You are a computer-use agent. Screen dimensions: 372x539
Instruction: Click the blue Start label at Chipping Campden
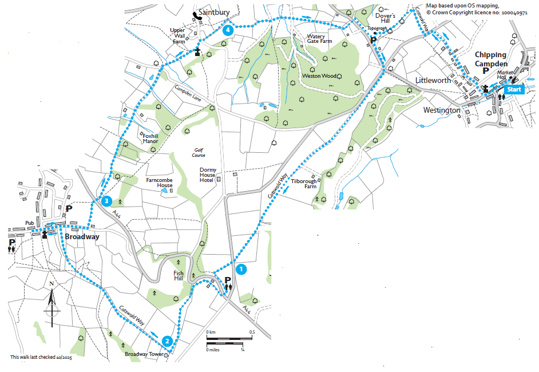(514, 89)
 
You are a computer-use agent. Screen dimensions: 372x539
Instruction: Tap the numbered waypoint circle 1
(241, 268)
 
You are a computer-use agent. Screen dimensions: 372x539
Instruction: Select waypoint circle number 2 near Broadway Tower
(167, 342)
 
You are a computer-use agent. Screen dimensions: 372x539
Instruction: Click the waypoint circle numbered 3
(106, 201)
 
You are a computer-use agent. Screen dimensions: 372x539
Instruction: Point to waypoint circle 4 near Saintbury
(228, 30)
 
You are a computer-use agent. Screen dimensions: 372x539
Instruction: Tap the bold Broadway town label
(82, 237)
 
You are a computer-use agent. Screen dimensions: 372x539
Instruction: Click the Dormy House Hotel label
(207, 175)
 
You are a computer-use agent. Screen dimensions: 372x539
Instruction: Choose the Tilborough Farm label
(303, 183)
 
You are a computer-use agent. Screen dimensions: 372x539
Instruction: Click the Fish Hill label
(179, 276)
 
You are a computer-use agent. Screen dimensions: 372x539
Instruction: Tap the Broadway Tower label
(144, 355)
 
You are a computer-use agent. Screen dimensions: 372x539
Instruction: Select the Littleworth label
(433, 81)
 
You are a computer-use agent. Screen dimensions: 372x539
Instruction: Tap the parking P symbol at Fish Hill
(228, 280)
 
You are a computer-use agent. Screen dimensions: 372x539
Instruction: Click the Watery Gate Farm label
(319, 38)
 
